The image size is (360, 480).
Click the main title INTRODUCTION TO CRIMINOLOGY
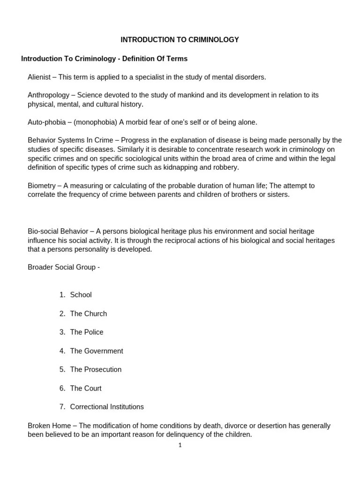180,40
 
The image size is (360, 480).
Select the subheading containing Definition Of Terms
104,59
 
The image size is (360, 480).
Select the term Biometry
43,186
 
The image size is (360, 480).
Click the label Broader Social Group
61,267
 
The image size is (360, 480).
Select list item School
81,295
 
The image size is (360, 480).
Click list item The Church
88,314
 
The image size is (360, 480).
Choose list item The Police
87,332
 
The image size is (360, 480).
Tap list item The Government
97,351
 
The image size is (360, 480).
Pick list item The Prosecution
96,369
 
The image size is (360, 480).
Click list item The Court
86,388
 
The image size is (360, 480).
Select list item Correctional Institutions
107,407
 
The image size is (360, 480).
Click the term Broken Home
49,426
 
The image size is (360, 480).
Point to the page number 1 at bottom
180,445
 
